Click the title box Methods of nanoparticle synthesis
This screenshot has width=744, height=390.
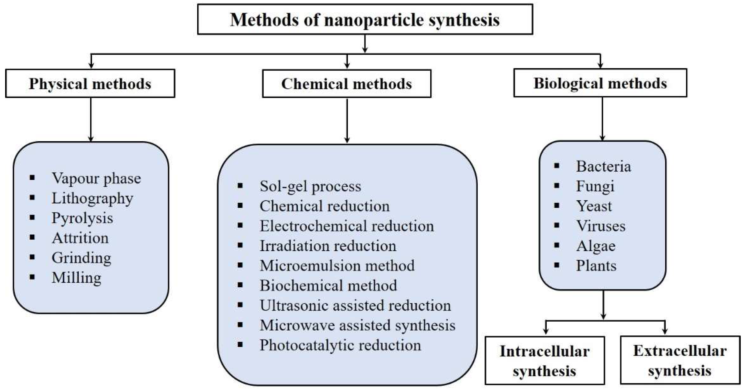[x=365, y=19]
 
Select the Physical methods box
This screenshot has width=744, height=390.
[x=90, y=84]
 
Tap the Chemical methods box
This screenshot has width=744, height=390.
[x=347, y=84]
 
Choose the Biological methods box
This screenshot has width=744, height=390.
[x=600, y=83]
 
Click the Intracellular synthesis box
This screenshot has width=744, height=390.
[x=544, y=360]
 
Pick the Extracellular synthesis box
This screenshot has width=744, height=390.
[x=680, y=360]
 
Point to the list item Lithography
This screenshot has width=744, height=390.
[x=92, y=198]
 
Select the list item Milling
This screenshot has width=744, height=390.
[x=76, y=278]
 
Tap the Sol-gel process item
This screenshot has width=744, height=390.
[x=310, y=186]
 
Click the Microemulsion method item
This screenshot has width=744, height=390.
[x=337, y=266]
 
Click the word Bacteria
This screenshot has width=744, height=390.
[x=603, y=167]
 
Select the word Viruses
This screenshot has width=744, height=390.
[x=601, y=226]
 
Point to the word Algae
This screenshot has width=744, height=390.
[x=595, y=246]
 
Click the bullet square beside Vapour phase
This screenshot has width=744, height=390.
[x=32, y=178]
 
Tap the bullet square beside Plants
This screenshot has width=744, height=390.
[x=557, y=265]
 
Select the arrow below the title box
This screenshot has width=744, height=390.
[x=365, y=43]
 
